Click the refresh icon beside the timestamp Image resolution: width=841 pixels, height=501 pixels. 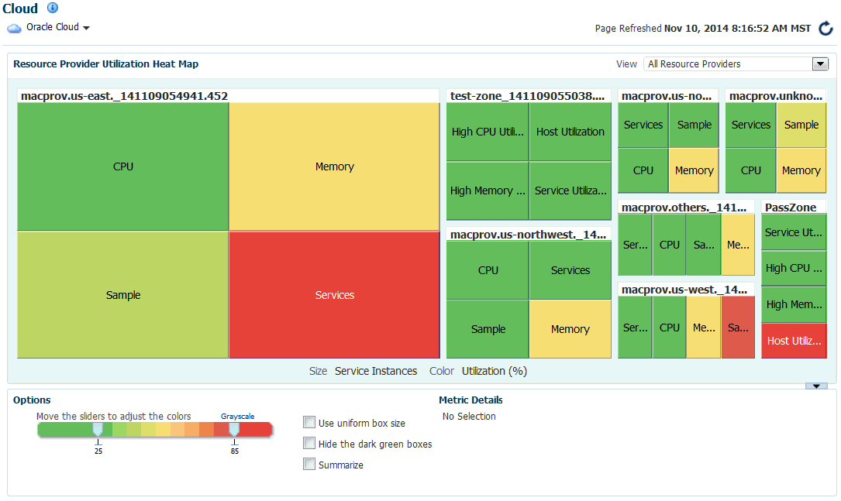[825, 29]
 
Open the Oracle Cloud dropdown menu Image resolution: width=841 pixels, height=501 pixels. [86, 28]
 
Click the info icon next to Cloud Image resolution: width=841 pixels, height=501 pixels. [53, 8]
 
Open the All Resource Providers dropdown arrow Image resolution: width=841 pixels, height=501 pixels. [820, 63]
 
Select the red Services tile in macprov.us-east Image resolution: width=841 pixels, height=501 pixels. [334, 295]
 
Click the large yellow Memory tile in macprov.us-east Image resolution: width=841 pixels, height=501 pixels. [334, 166]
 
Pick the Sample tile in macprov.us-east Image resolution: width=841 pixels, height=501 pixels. [122, 295]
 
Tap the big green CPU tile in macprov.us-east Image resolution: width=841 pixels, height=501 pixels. [122, 166]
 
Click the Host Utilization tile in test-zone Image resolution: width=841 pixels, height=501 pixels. [570, 132]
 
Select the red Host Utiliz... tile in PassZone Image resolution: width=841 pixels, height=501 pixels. [794, 341]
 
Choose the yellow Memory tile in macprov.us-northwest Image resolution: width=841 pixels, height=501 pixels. [570, 329]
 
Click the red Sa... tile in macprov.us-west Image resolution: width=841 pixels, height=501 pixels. [737, 328]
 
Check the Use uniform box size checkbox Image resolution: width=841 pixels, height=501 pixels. [309, 423]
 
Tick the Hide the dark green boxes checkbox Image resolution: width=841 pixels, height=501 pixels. [309, 444]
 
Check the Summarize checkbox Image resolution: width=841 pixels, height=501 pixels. [309, 465]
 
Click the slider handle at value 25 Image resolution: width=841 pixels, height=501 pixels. [98, 429]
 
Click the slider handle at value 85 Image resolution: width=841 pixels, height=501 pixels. [234, 429]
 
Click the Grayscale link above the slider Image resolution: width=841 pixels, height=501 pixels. [237, 417]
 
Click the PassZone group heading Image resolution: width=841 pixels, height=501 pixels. [784, 207]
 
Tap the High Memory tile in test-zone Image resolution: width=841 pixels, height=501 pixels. [487, 190]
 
